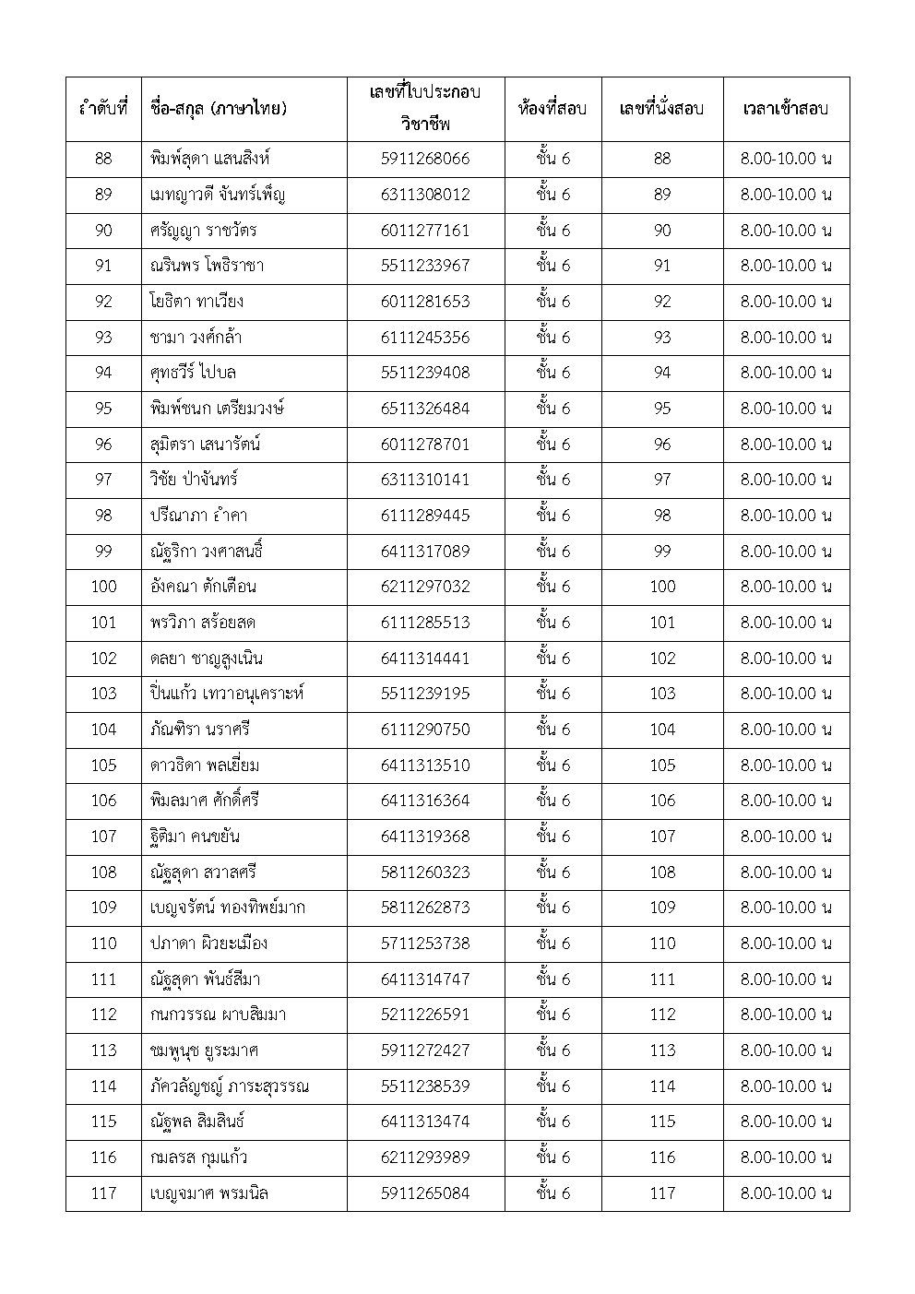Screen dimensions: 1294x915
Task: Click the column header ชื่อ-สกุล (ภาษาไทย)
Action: pos(218,109)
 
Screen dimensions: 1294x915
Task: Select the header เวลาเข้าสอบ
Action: pos(785,109)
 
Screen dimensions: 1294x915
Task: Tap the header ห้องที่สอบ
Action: pos(552,109)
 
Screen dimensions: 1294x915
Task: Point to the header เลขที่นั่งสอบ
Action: pos(661,109)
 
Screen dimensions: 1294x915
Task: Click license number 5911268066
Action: pos(424,159)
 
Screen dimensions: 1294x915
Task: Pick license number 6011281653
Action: pos(424,302)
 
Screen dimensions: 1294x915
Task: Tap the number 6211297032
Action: pos(424,587)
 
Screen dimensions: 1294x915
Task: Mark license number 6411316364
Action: pos(424,801)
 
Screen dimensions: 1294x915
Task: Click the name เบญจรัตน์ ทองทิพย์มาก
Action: pos(227,908)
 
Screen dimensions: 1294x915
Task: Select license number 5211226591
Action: pos(424,1015)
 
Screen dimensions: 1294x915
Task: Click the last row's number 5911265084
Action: pos(424,1193)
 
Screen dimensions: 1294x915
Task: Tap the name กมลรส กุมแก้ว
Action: pos(198,1157)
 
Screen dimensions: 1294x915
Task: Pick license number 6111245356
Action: pos(424,338)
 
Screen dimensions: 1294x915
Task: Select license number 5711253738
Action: pos(424,944)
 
